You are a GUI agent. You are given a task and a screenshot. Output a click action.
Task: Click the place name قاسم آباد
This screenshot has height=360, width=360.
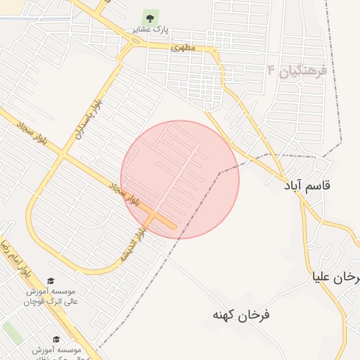tap(307, 186)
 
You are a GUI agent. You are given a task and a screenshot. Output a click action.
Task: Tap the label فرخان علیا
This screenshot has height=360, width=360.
tap(337, 277)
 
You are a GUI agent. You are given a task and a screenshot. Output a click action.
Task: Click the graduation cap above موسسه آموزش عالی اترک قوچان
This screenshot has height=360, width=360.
tap(49, 280)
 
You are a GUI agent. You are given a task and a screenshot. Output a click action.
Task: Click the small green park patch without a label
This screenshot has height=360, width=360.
tap(13, 333)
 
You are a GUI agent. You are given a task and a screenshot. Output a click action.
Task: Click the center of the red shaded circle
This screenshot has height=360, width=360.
tap(180, 179)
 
